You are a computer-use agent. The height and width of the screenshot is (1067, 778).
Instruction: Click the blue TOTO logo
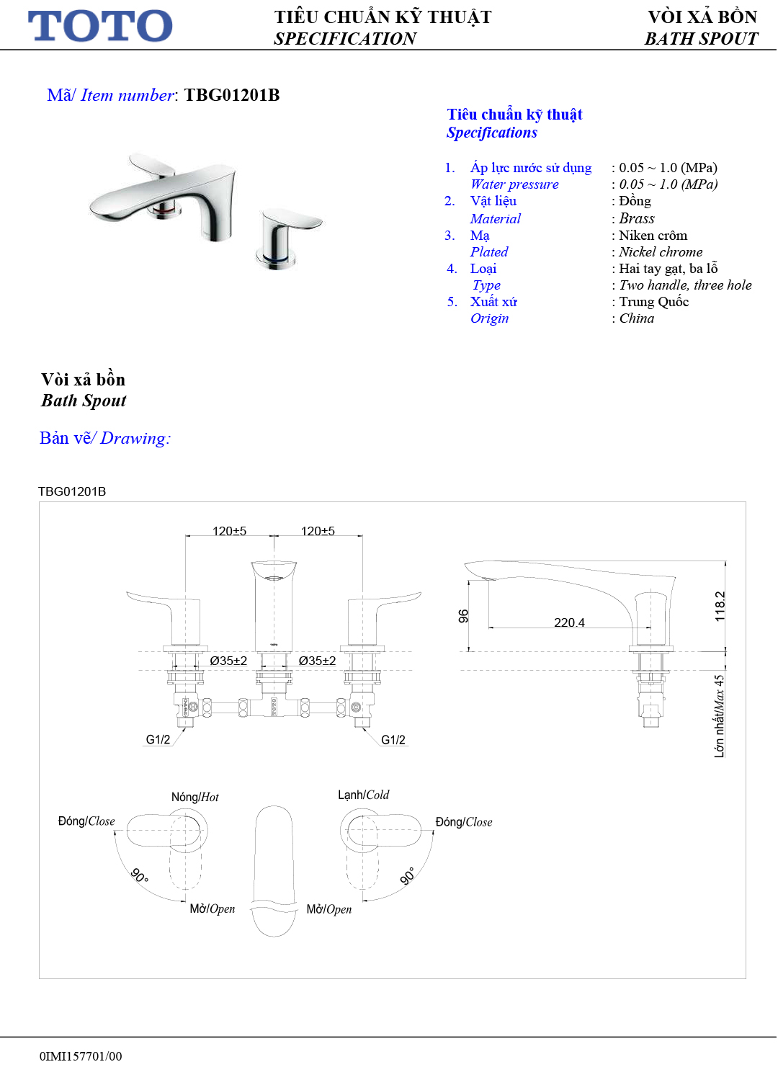(100, 25)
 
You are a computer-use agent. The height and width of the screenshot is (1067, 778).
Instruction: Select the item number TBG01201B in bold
(232, 95)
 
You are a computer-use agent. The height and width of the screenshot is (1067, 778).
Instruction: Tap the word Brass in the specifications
(637, 218)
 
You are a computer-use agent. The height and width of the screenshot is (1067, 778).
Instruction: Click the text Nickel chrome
(661, 252)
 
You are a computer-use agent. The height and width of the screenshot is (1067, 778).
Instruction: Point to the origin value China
(637, 318)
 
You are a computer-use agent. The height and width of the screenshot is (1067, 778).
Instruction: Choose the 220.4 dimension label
(569, 622)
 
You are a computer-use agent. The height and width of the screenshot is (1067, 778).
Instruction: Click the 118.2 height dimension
(720, 607)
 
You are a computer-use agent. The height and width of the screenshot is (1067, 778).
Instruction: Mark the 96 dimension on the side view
(463, 616)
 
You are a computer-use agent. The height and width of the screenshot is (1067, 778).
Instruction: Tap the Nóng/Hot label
(194, 798)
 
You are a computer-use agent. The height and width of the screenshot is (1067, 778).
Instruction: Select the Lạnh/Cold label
(364, 795)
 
